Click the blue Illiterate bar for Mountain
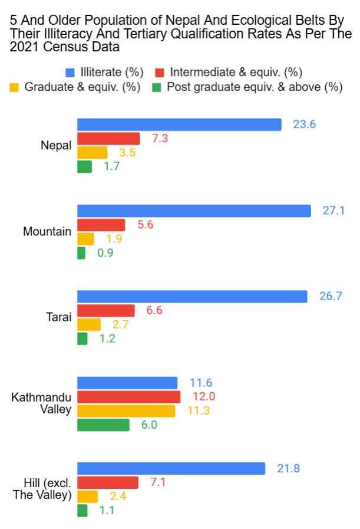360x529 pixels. pyautogui.click(x=194, y=211)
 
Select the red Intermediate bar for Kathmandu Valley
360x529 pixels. pyautogui.click(x=128, y=396)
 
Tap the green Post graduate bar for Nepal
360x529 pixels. pyautogui.click(x=84, y=167)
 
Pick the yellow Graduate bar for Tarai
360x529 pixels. pyautogui.click(x=89, y=324)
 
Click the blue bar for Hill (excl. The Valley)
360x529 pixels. pyautogui.click(x=171, y=468)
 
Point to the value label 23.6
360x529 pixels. pyautogui.click(x=305, y=124)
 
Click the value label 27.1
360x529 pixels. pyautogui.click(x=333, y=211)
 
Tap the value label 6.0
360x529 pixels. pyautogui.click(x=148, y=425)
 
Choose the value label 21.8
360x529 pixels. pyautogui.click(x=289, y=468)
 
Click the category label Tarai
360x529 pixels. pyautogui.click(x=59, y=317)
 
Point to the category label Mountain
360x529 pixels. pyautogui.click(x=47, y=232)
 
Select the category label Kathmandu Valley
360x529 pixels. pyautogui.click(x=41, y=403)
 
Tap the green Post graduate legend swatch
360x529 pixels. pyautogui.click(x=157, y=88)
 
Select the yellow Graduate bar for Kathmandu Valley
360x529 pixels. pyautogui.click(x=126, y=410)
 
